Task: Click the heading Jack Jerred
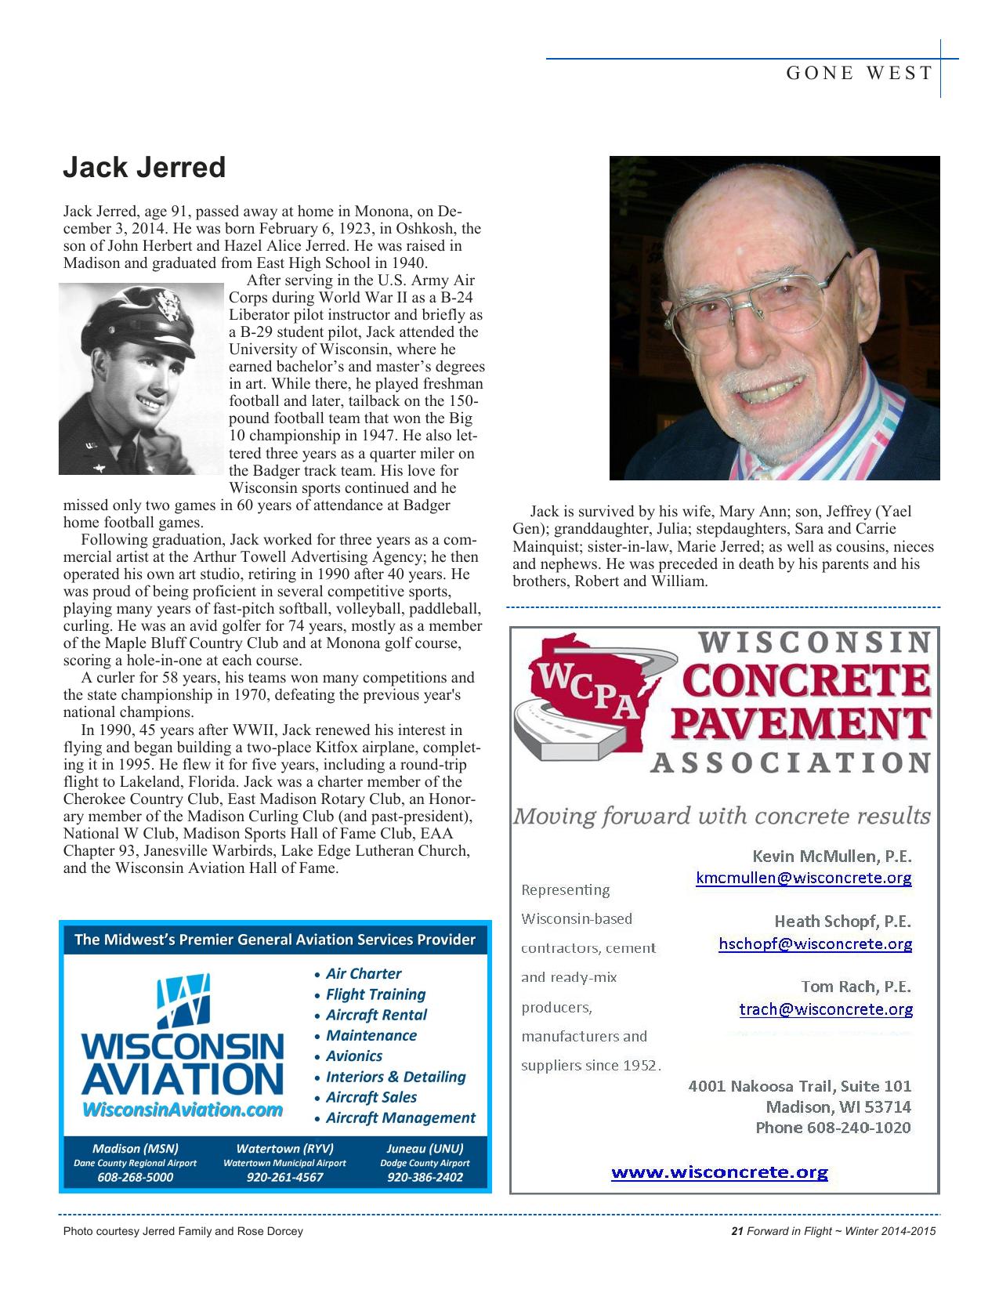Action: (x=144, y=168)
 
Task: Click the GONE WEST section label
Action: (x=859, y=74)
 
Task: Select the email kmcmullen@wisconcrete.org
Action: (x=804, y=878)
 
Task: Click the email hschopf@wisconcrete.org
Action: (x=815, y=943)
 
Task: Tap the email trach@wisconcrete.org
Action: (x=826, y=1009)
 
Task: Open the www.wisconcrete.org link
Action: (x=719, y=1173)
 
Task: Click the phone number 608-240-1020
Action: (x=862, y=1128)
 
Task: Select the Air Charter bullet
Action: (x=363, y=974)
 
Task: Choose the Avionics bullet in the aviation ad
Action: (x=354, y=1056)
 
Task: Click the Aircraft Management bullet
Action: (x=400, y=1118)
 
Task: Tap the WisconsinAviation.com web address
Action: (x=182, y=1110)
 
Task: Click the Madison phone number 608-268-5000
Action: (x=136, y=1177)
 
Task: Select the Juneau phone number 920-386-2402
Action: (x=425, y=1177)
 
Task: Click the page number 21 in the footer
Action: (x=736, y=1231)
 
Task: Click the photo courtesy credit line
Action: (x=183, y=1231)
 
